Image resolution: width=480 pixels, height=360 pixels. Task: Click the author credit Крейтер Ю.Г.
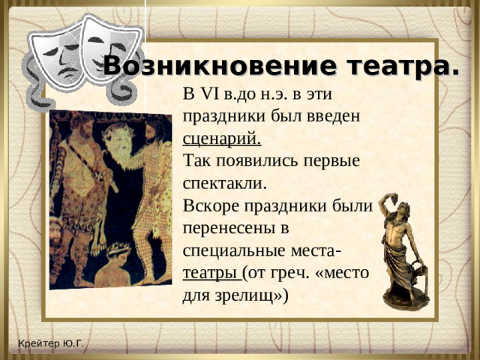click(x=52, y=344)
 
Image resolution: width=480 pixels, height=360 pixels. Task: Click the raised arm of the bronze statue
click(x=384, y=203)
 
